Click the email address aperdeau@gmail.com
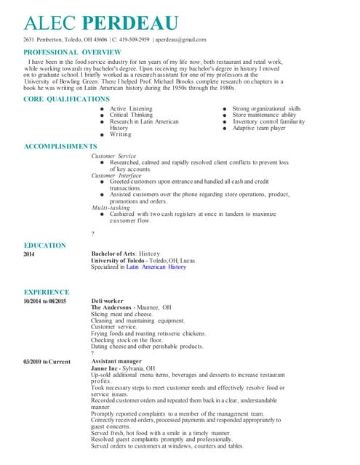tap(181, 39)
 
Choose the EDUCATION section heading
tap(44, 245)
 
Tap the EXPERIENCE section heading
tap(46, 291)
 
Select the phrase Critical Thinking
tap(131, 115)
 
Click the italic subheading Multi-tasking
tap(111, 208)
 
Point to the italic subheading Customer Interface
tap(116, 175)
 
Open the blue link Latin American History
tap(156, 267)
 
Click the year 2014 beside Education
tap(29, 254)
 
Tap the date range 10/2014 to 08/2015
tap(45, 301)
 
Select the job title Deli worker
tap(107, 301)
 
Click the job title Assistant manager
tap(117, 361)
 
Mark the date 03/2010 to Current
tap(47, 361)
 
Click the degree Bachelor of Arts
tap(113, 254)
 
